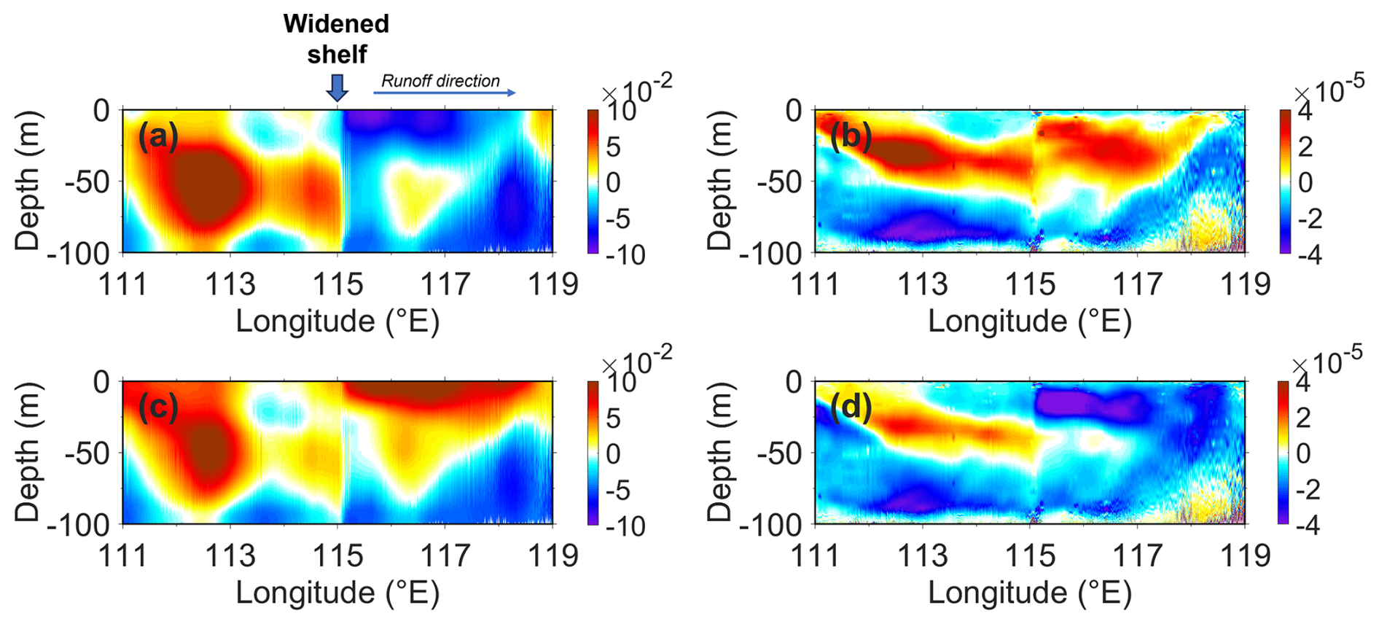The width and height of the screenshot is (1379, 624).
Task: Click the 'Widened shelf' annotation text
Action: coord(336,39)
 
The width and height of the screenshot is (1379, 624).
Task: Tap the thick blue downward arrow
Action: coord(337,88)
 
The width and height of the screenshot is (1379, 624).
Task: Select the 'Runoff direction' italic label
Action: coord(440,81)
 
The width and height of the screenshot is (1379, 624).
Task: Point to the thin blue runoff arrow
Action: coord(445,93)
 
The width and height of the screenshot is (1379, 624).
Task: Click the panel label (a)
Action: coord(158,136)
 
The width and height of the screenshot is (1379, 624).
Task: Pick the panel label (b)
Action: coord(851,136)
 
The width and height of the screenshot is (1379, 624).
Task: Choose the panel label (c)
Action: coord(158,407)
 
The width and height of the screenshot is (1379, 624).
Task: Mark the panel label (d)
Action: coord(851,407)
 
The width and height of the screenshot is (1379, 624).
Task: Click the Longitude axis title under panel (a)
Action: coord(337,321)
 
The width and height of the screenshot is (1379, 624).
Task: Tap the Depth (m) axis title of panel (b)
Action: coord(720,181)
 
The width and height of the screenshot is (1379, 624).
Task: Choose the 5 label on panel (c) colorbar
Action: coord(613,418)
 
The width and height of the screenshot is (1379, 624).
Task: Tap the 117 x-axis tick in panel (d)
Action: coord(1138,556)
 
